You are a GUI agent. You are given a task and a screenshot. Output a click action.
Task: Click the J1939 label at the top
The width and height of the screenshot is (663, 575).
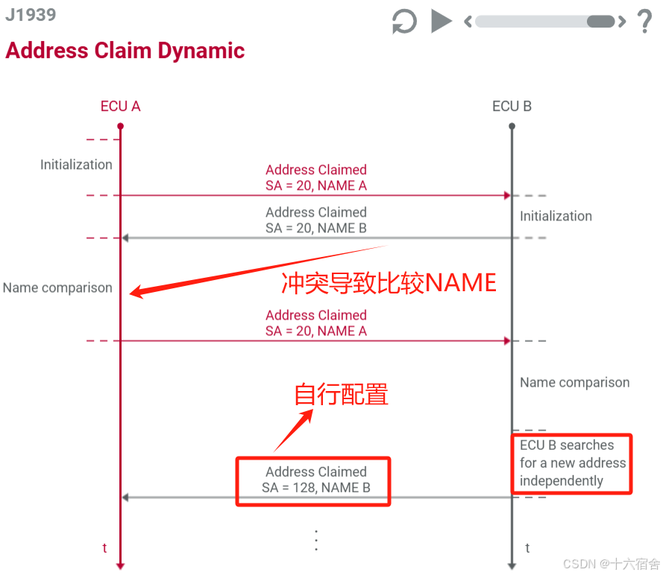point(31,15)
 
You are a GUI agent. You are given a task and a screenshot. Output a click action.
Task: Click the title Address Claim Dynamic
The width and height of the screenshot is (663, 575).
point(125,51)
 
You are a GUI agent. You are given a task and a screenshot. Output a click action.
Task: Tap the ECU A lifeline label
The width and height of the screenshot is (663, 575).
point(120,107)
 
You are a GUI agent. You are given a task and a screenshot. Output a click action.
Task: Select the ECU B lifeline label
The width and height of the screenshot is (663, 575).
point(512,107)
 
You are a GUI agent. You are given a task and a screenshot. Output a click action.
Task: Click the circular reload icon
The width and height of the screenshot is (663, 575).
point(404,21)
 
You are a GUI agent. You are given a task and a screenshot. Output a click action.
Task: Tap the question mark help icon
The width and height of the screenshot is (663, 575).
point(645,21)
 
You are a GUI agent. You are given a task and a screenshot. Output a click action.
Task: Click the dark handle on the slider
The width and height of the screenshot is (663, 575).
point(601,21)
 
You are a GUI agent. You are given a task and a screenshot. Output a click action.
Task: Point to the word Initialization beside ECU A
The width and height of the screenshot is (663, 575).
point(76,165)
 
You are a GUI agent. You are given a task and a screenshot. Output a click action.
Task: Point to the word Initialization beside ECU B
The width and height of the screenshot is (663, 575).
point(556,216)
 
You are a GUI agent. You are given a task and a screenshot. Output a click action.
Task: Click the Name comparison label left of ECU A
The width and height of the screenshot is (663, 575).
point(57,287)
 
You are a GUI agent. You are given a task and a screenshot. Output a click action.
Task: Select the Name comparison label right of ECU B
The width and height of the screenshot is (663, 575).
point(574,382)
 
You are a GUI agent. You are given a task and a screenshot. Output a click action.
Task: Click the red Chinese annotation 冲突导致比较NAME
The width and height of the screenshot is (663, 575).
point(389,283)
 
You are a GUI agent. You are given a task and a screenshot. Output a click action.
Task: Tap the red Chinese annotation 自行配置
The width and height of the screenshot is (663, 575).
point(341,394)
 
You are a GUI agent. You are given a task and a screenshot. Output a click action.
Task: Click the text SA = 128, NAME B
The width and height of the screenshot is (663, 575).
point(316,488)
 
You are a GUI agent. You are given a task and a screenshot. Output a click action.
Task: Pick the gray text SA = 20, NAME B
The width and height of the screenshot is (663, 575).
point(316,228)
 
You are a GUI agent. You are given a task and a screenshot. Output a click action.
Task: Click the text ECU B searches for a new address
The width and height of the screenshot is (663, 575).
point(572,463)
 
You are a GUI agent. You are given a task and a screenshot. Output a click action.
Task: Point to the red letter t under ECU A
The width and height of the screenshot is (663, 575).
point(104,548)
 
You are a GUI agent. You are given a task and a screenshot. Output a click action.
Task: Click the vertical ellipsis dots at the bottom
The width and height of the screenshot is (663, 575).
point(316,540)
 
